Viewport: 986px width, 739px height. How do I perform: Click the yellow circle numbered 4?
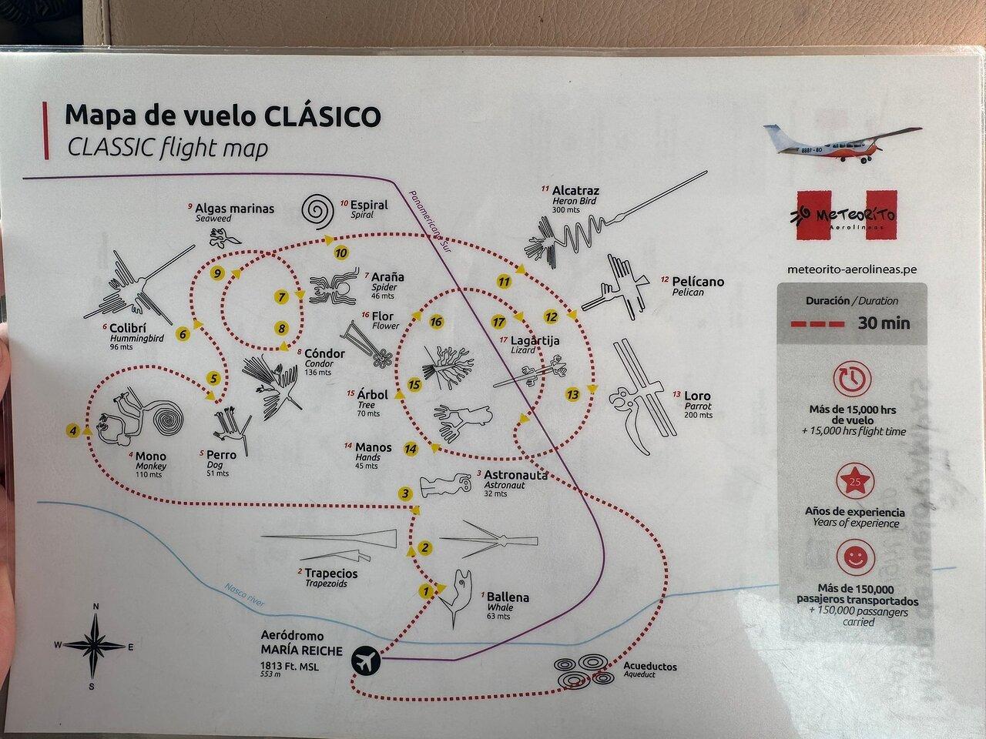pyautogui.click(x=72, y=431)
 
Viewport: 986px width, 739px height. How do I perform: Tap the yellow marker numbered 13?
pyautogui.click(x=572, y=395)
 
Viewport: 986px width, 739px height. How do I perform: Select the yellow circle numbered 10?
pyautogui.click(x=341, y=253)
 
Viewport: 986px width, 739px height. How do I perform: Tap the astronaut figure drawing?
pyautogui.click(x=445, y=486)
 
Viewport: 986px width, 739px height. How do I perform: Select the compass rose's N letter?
pyautogui.click(x=96, y=607)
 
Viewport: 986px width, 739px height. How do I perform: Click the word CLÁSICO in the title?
pyautogui.click(x=322, y=116)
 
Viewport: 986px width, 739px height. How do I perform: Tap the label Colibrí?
pyautogui.click(x=128, y=328)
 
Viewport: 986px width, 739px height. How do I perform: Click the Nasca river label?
pyautogui.click(x=245, y=595)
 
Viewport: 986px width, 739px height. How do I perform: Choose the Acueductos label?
pyautogui.click(x=649, y=667)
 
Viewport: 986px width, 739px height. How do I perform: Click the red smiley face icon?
pyautogui.click(x=855, y=558)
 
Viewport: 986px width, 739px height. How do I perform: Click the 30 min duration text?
pyautogui.click(x=884, y=323)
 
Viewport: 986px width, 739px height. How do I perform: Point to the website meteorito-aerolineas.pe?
pyautogui.click(x=853, y=269)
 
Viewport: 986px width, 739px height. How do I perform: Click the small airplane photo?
pyautogui.click(x=842, y=142)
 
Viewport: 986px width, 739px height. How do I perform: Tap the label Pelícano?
pyautogui.click(x=698, y=282)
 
